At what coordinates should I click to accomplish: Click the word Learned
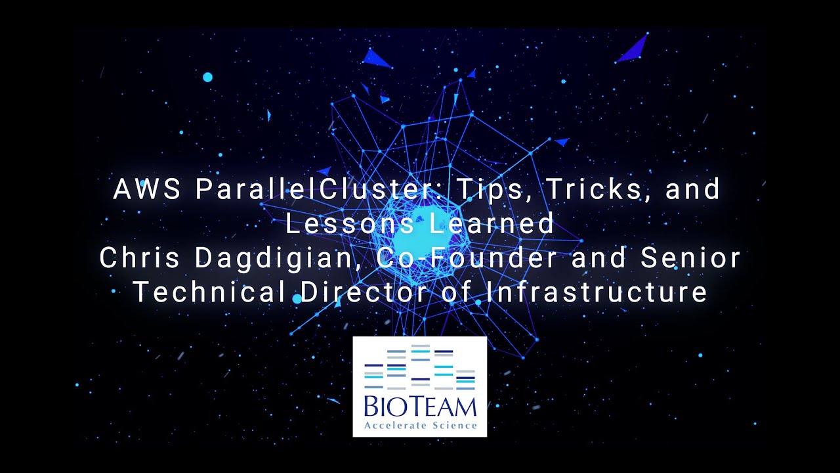tap(492, 224)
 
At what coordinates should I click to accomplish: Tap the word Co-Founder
tap(470, 258)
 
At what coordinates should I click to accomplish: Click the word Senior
tap(691, 258)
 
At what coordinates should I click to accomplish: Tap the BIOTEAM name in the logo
tap(420, 407)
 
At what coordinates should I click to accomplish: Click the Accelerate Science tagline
tap(420, 426)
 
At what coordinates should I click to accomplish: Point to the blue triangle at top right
tap(633, 49)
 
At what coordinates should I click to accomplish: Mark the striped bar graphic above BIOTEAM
tap(420, 368)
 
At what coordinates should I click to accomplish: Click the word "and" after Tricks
tap(693, 190)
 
